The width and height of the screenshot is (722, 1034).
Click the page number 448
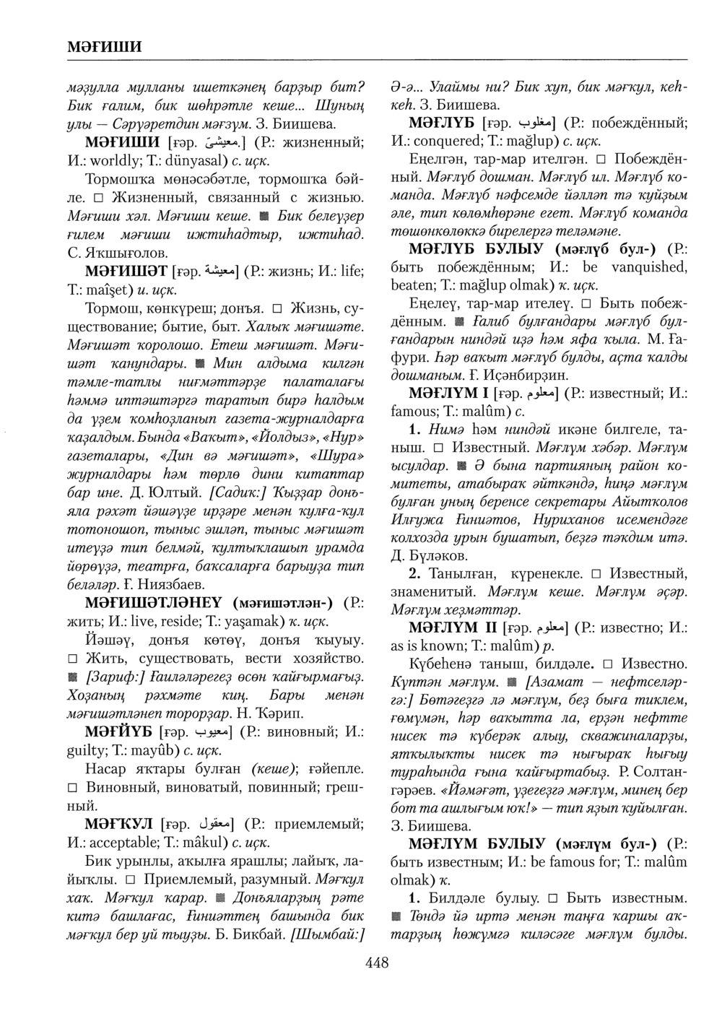[376, 962]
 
